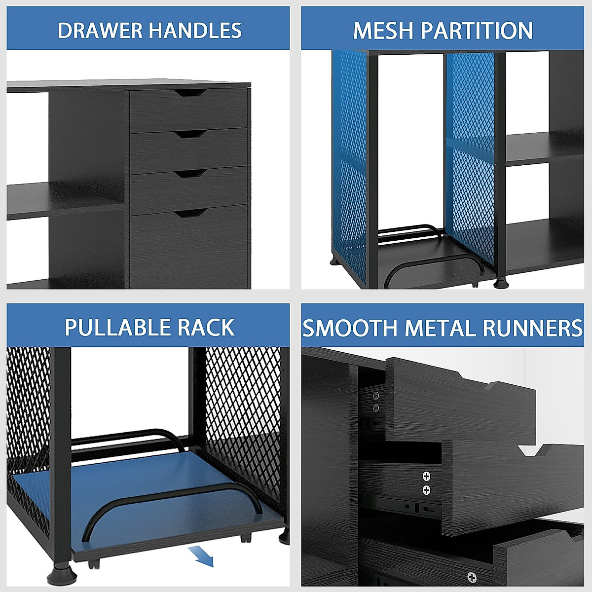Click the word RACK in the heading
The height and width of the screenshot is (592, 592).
tap(207, 328)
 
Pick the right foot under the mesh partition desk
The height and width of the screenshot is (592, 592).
tap(500, 283)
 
